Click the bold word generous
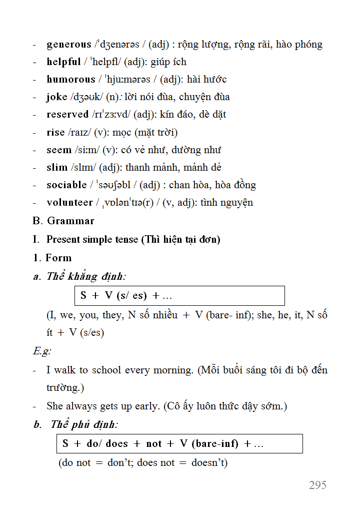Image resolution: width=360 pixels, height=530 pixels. (x=69, y=45)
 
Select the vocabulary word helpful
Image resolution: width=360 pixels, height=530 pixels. (x=63, y=62)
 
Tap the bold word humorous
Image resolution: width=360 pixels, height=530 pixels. (x=70, y=80)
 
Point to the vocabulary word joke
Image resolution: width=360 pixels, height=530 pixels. (x=56, y=97)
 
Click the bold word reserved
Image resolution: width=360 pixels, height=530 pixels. (x=67, y=115)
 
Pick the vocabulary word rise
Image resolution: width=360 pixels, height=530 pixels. (x=55, y=133)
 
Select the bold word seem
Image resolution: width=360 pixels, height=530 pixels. (x=58, y=150)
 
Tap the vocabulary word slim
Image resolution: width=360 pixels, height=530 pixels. (x=57, y=168)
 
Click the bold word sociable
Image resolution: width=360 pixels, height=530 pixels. (x=66, y=185)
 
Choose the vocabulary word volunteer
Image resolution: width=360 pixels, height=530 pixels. (x=69, y=203)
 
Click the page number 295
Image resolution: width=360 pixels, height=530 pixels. (x=317, y=485)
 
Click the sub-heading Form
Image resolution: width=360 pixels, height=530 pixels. (x=58, y=258)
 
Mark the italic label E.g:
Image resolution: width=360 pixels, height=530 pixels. (x=42, y=351)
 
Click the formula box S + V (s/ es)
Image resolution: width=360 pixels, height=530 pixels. (x=179, y=296)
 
